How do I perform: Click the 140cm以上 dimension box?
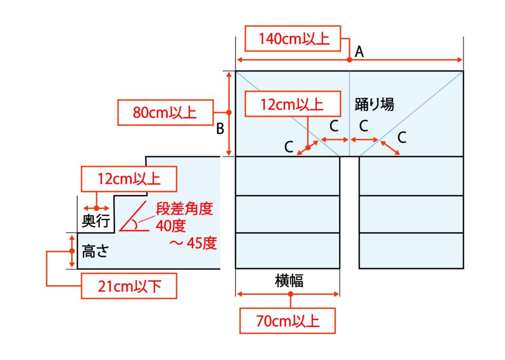click(x=294, y=39)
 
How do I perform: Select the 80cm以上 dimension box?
click(x=164, y=113)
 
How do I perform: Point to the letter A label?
click(x=360, y=51)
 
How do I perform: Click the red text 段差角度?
click(x=184, y=208)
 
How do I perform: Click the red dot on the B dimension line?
click(x=229, y=113)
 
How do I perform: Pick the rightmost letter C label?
click(x=401, y=137)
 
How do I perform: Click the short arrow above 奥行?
click(x=96, y=208)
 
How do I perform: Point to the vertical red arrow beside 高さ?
click(x=73, y=251)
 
